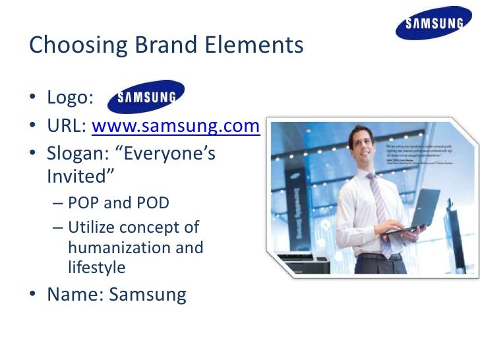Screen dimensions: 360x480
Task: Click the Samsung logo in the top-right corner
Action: point(433,25)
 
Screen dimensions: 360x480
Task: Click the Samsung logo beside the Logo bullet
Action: point(146,98)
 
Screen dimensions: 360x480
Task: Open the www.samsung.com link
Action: point(175,126)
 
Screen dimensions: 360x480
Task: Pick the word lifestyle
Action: point(96,267)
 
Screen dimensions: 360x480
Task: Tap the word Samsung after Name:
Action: point(148,294)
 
